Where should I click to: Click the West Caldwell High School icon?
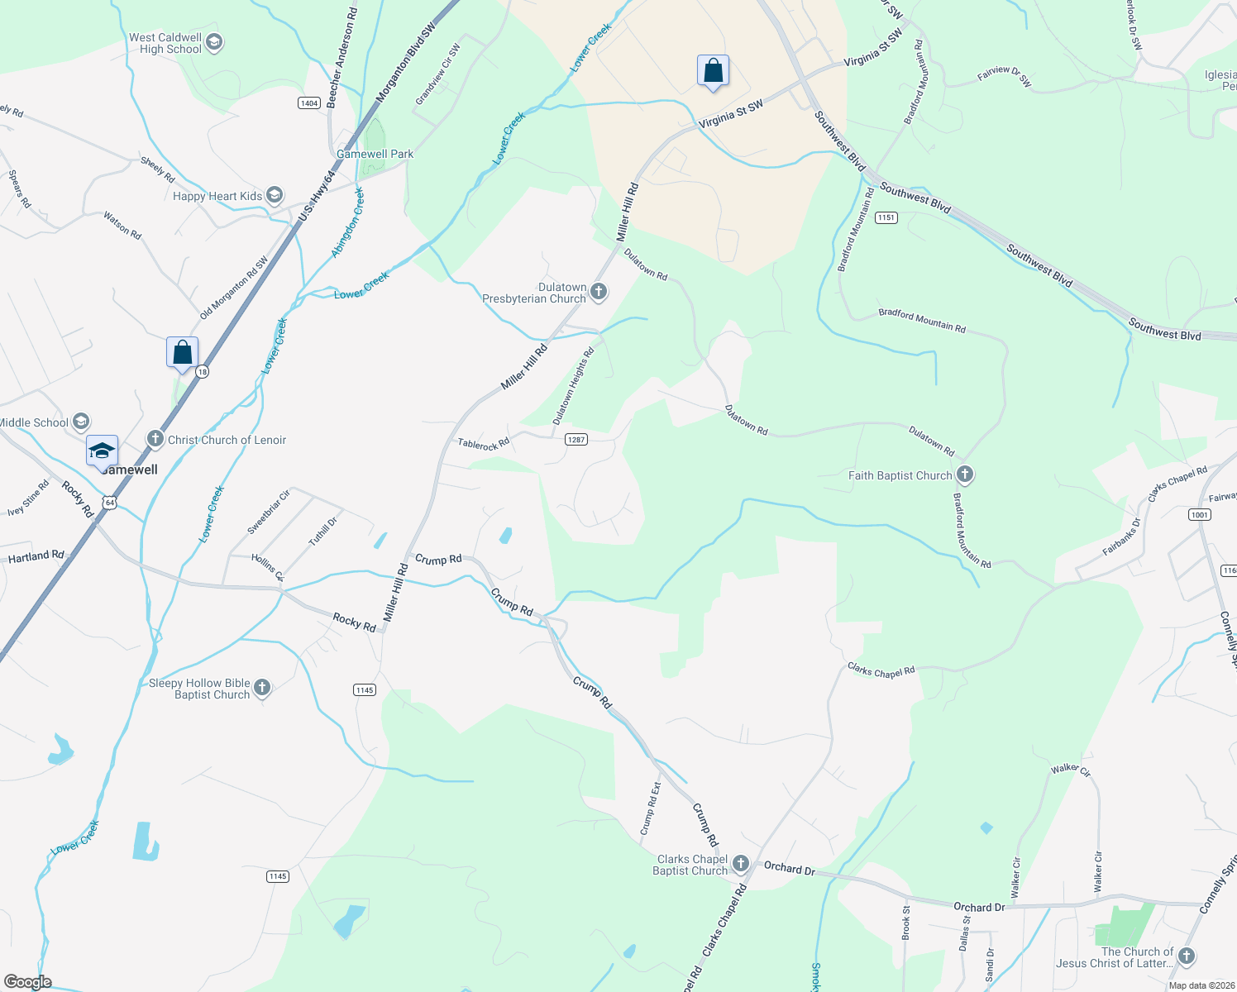point(214,42)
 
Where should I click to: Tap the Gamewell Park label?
point(375,154)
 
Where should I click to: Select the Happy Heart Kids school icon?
point(275,196)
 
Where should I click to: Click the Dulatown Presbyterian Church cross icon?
point(599,291)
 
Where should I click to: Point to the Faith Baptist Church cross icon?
point(964,475)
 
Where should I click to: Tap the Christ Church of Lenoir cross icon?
point(155,439)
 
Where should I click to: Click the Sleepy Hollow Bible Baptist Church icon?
point(262,688)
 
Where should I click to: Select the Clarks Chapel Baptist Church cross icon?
point(740,864)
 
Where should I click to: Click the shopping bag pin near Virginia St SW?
point(713,72)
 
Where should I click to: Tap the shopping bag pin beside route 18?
point(182,353)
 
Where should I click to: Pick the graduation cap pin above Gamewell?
point(102,451)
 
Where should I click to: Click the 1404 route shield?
point(309,103)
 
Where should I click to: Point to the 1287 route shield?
point(576,439)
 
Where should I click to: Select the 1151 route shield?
point(886,217)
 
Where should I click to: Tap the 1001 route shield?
point(1200,514)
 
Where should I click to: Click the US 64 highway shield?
point(109,502)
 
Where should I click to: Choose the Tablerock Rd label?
point(484,444)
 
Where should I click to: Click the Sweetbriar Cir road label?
point(269,512)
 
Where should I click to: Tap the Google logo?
point(28,982)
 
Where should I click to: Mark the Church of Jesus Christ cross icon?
point(1187,956)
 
